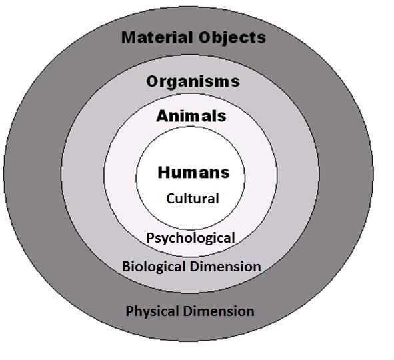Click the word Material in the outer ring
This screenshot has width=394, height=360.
pos(157,37)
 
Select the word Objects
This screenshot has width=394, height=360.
pos(232,38)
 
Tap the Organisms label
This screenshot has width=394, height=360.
pos(193,82)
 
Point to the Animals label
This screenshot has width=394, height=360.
pos(191,116)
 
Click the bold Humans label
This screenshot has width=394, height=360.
pos(194,173)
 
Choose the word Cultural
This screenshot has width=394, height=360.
pos(193,198)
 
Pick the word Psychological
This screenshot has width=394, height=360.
pos(191,238)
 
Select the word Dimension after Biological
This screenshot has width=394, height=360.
pos(225,266)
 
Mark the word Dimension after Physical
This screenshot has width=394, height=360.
pos(219,311)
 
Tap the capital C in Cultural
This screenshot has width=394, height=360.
pos(171,199)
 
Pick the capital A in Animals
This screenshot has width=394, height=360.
pos(163,116)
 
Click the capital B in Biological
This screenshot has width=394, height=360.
pos(126,266)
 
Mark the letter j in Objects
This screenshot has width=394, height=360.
pos(223,39)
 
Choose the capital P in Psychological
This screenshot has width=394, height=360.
pos(150,237)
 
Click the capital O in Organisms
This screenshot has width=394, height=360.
pos(153,82)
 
